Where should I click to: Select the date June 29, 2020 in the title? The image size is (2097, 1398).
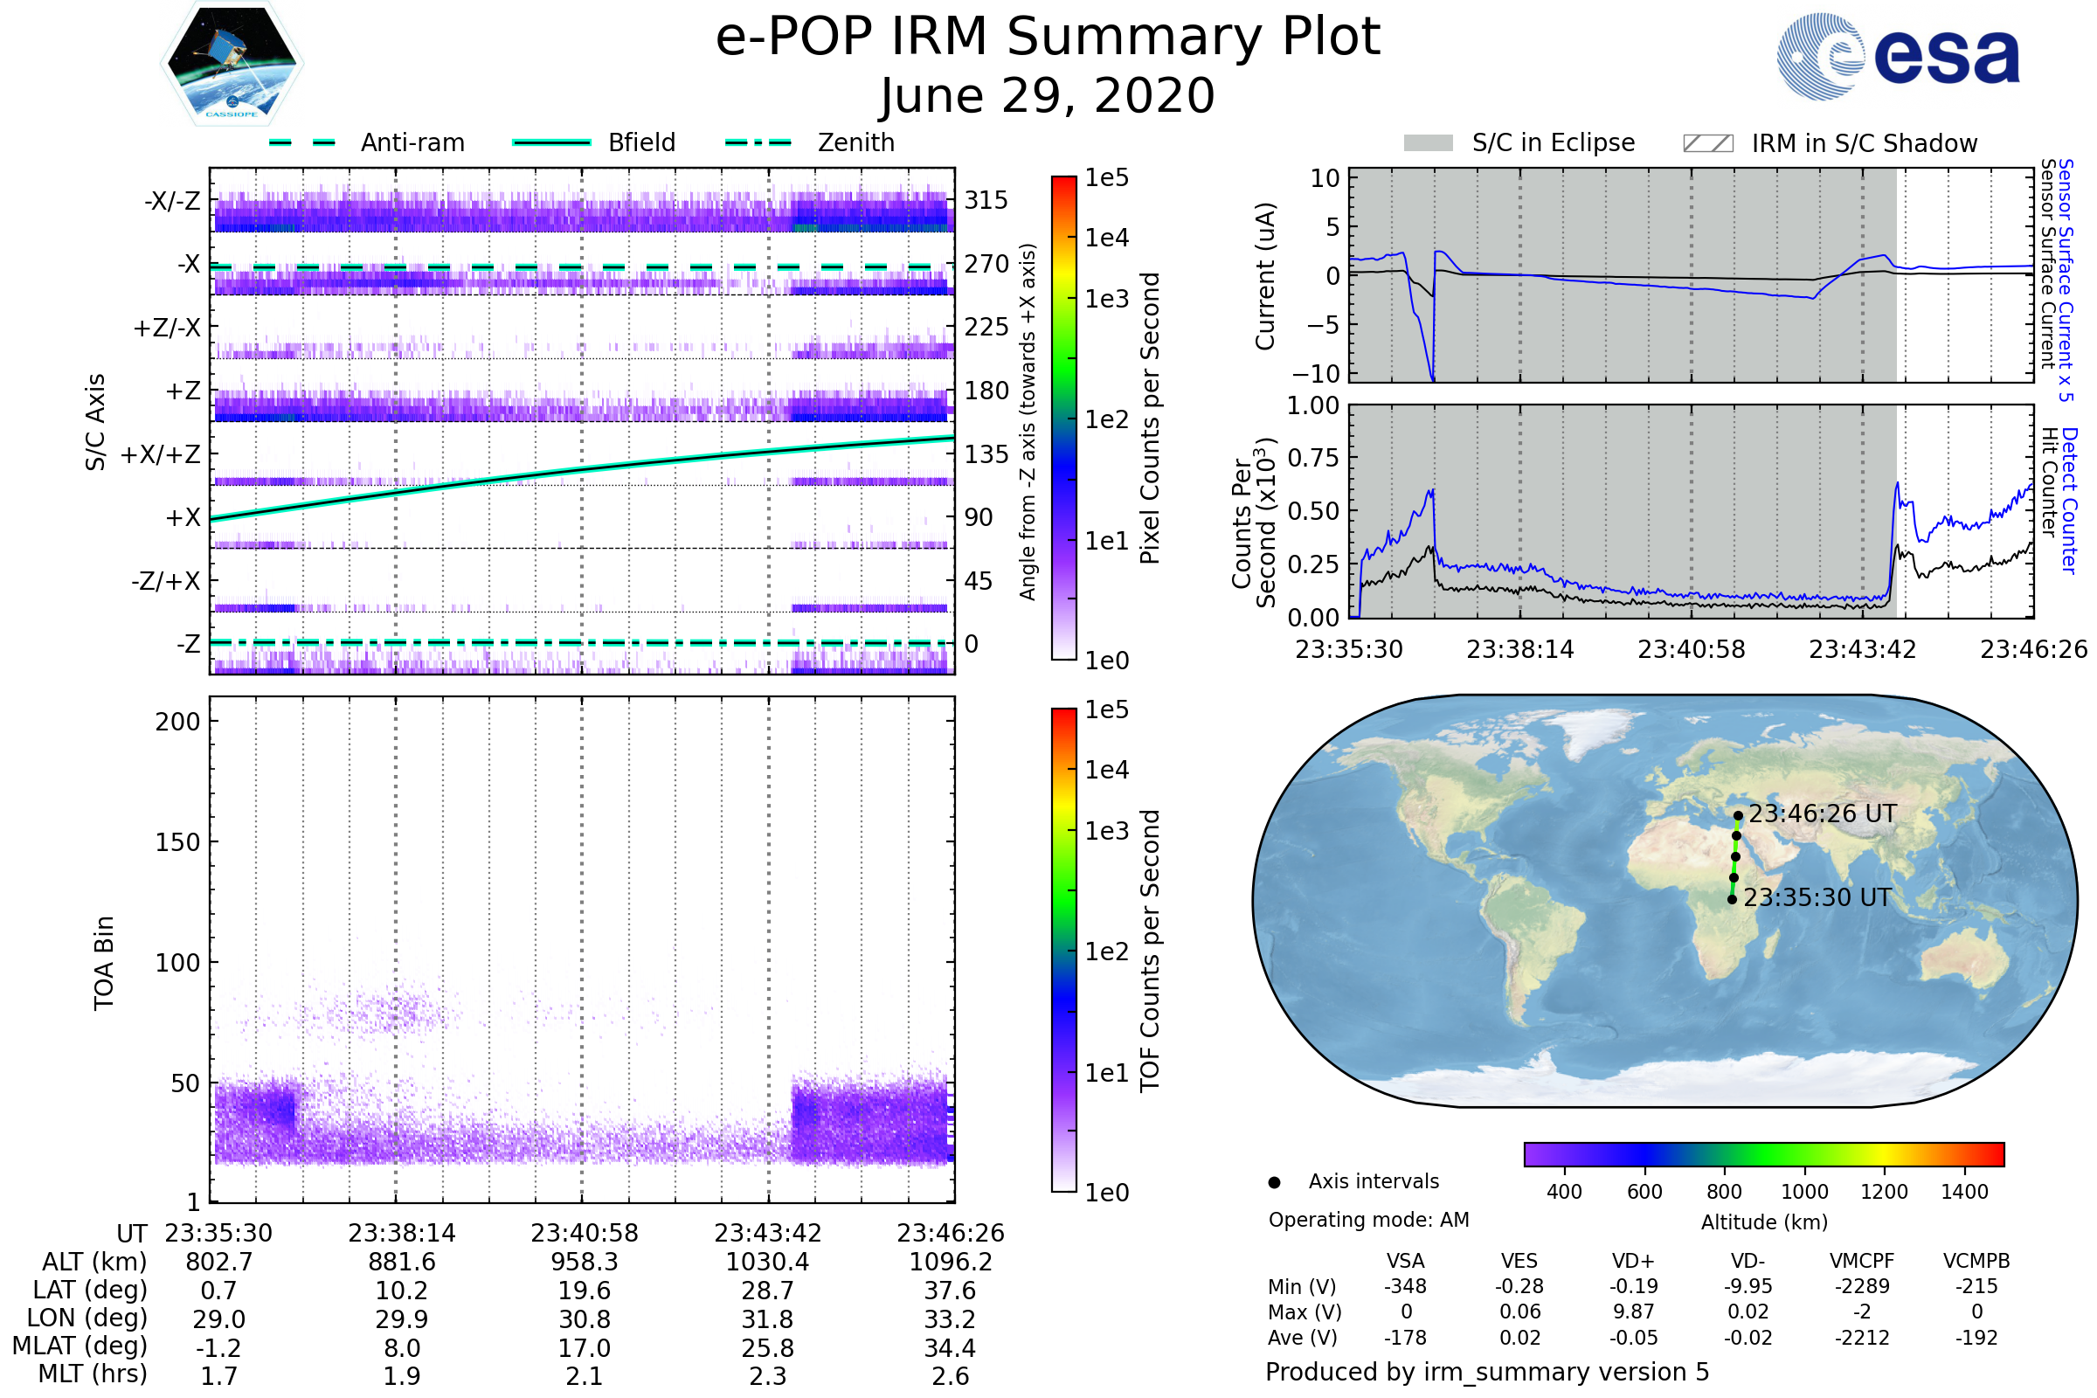(x=1048, y=95)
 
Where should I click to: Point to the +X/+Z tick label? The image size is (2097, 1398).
(x=161, y=454)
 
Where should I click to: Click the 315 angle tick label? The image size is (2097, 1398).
(x=986, y=200)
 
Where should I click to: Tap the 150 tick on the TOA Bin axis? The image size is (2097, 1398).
(x=177, y=842)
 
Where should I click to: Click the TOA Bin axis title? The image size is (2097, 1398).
(x=104, y=963)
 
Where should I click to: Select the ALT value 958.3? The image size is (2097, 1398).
(x=584, y=1262)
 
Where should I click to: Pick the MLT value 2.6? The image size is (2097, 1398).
(x=951, y=1375)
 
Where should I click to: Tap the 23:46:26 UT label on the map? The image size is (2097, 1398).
(x=1823, y=813)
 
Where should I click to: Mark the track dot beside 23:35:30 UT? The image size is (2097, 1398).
(x=1732, y=899)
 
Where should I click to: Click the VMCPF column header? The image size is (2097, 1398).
(x=1862, y=1261)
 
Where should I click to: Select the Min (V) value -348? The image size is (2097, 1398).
(x=1405, y=1286)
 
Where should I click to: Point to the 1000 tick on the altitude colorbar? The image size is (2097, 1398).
(x=1803, y=1192)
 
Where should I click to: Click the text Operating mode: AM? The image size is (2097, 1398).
(x=1368, y=1220)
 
